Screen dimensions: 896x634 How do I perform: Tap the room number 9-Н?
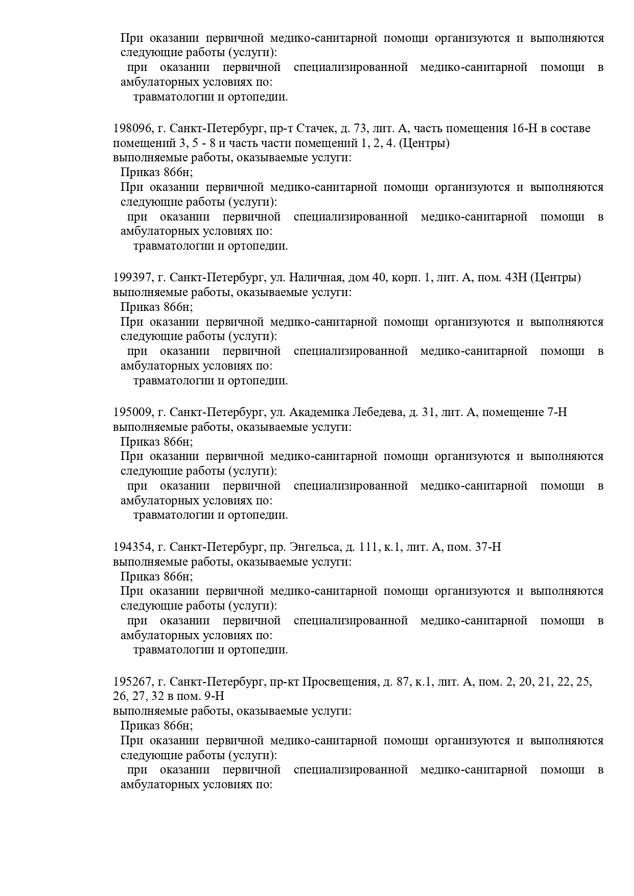coord(214,696)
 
